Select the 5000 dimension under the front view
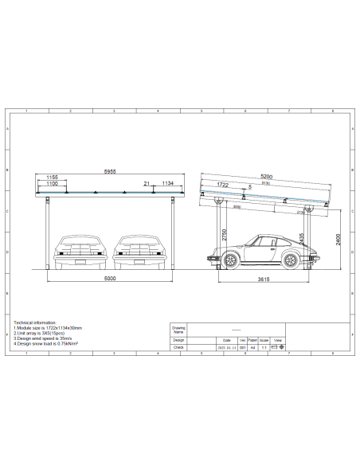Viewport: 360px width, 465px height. pos(110,279)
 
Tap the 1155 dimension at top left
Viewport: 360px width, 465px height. pos(53,176)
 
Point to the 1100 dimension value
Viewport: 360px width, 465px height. pos(53,183)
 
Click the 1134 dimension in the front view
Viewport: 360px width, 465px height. pos(166,183)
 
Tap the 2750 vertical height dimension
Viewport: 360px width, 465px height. pos(225,236)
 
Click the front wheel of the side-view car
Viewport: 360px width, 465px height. pos(230,259)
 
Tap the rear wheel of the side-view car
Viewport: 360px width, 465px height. pos(290,259)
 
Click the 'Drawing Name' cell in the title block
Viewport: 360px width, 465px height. pos(178,329)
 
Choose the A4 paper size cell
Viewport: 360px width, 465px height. pos(253,347)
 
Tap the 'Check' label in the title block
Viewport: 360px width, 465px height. pos(178,347)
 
